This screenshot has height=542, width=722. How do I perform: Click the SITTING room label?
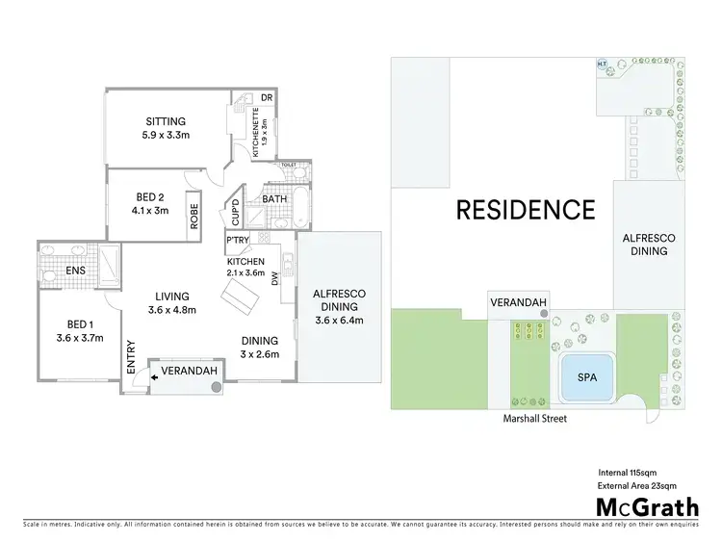pos(166,121)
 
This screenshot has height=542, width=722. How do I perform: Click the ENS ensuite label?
pos(75,271)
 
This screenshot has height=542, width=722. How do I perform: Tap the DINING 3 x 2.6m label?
pos(260,340)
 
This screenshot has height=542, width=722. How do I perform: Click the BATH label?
pos(274,199)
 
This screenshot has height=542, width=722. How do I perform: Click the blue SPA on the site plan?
pos(585,379)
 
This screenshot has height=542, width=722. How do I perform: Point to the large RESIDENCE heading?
pos(525,208)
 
